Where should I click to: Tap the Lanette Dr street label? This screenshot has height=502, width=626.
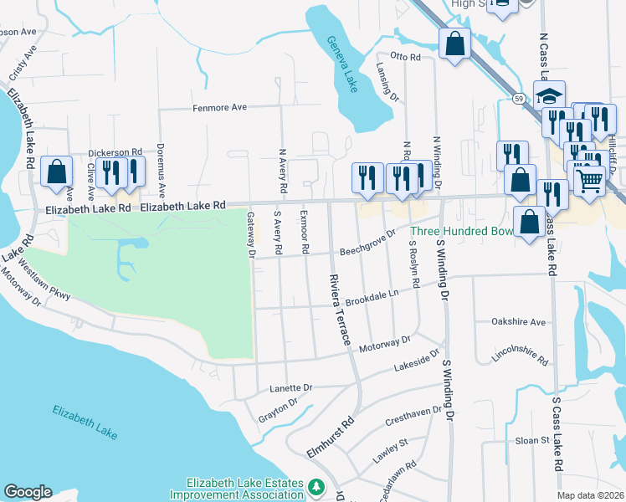(x=290, y=388)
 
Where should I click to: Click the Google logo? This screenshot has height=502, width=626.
(x=28, y=492)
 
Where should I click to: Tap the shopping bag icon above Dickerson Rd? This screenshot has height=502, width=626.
(x=56, y=172)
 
